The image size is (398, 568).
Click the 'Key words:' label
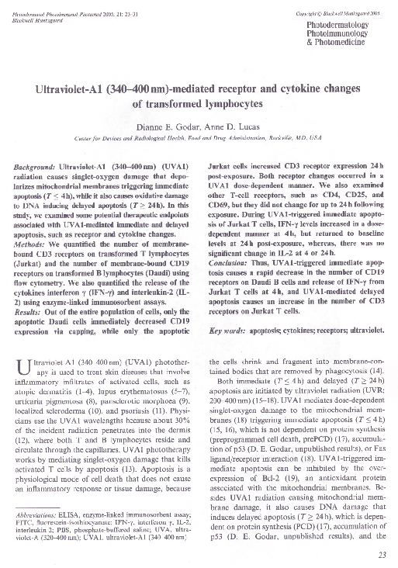coord(229,332)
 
